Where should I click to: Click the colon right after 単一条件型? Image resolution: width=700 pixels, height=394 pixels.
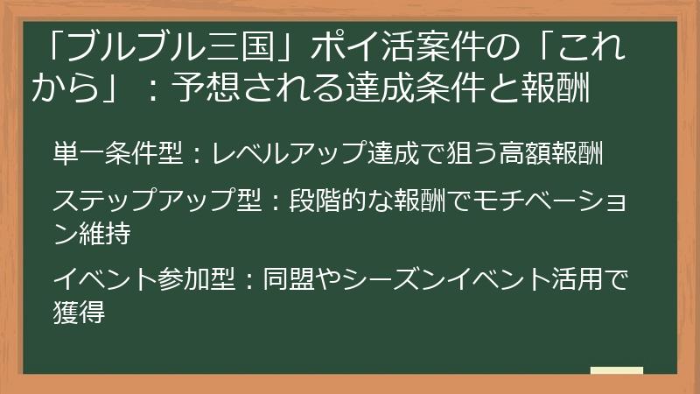197,156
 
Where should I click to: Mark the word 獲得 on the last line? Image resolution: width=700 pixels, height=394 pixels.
80,313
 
